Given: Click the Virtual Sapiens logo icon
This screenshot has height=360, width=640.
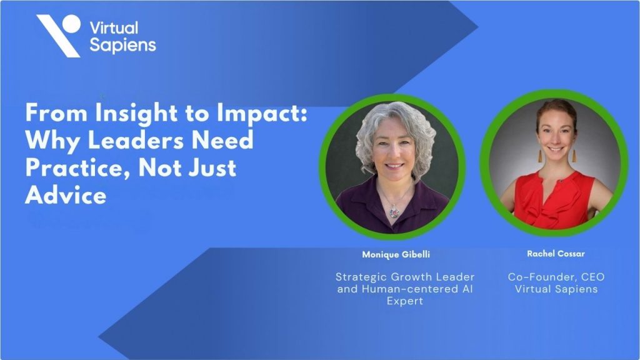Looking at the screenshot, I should click(59, 34).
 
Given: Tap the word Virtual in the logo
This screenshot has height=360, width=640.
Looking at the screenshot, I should click(114, 27).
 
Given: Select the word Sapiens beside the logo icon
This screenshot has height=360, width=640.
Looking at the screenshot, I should click(122, 45).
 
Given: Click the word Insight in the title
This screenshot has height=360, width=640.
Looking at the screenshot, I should click(129, 114).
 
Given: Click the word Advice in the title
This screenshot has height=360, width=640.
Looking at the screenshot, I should click(66, 195).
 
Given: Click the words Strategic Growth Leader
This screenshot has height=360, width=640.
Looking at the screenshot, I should click(405, 277).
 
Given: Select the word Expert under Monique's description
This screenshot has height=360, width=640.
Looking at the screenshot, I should click(405, 301).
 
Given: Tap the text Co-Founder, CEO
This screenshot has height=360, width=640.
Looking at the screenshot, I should click(556, 277).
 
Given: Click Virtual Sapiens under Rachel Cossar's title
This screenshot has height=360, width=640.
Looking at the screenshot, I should click(556, 289).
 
